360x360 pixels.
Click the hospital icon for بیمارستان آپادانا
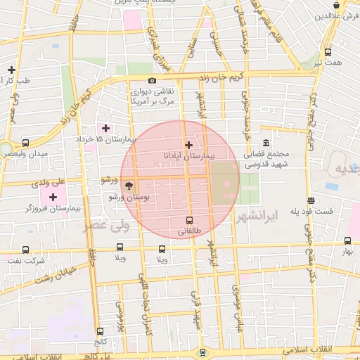[188, 145]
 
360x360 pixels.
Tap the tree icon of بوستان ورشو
[129, 186]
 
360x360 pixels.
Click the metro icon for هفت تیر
[328, 52]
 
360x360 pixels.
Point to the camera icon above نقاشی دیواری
[153, 81]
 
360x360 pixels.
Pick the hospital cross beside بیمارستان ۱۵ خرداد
[106, 128]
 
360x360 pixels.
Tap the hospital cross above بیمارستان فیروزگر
[53, 197]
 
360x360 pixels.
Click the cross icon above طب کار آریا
[11, 70]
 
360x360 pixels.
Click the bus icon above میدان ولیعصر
[26, 143]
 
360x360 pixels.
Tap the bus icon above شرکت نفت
[26, 250]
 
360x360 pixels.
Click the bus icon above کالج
[100, 330]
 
